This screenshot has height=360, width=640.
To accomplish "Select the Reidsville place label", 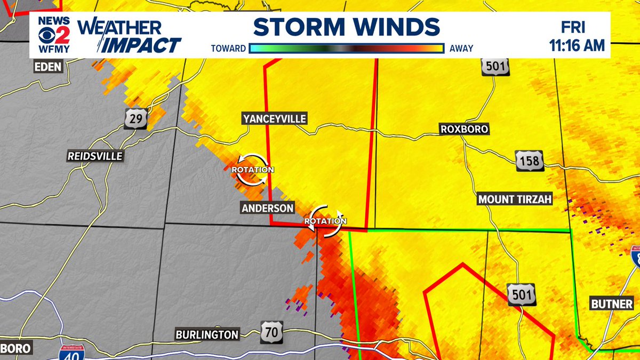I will click(x=95, y=156).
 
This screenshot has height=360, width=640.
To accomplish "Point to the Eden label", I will click(x=47, y=67).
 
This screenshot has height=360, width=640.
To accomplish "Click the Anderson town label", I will click(x=268, y=208).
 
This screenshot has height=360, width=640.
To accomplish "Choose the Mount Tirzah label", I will click(x=515, y=199).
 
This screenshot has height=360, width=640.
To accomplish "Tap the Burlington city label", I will click(x=207, y=335).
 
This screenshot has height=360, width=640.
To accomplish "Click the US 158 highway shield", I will click(x=529, y=161).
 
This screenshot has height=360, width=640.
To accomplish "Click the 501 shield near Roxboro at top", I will click(x=494, y=67).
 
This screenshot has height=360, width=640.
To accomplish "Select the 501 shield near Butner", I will click(x=521, y=294).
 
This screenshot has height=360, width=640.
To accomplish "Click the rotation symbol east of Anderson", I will click(x=325, y=220).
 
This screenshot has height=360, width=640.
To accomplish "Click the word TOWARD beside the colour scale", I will click(x=228, y=49).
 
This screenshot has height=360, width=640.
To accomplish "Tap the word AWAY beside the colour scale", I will click(x=461, y=49).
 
